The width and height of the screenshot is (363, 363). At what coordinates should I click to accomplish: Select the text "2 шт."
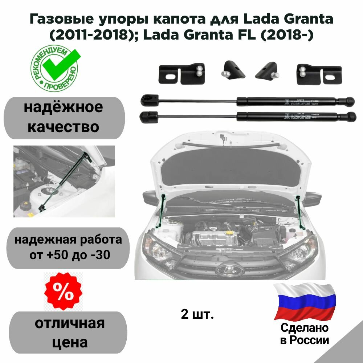(197, 314)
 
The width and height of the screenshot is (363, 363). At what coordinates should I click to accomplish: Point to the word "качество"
(64, 127)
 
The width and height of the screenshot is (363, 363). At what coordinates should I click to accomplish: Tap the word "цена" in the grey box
(68, 342)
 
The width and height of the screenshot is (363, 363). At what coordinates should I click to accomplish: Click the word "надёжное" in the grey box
(64, 108)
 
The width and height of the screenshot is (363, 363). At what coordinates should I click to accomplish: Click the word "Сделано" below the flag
(304, 328)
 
